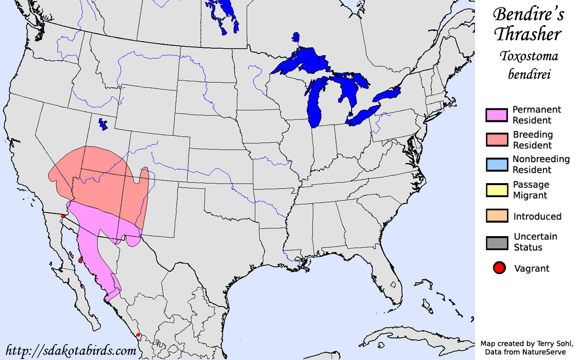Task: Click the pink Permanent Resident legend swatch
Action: coord(497,115)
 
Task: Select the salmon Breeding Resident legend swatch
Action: coord(497,139)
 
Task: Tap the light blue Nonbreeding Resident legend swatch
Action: coord(497,164)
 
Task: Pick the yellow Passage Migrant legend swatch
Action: coord(497,189)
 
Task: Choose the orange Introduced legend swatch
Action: coord(497,215)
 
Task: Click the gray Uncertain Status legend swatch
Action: coord(497,242)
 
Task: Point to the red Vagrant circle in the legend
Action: coord(499,268)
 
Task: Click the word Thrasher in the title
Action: coord(527,34)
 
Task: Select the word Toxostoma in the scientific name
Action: coord(529,57)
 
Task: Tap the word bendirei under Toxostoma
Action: coord(529,75)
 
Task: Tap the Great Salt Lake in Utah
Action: coord(103,124)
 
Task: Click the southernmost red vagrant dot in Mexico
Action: coord(138,335)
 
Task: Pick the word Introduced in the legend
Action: coord(537,217)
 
